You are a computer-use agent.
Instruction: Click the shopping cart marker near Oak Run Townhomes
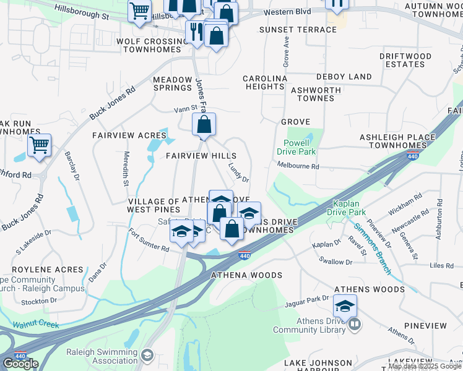pos(39,146)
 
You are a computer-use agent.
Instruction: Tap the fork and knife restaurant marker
pos(196,32)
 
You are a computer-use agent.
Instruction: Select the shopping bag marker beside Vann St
pos(204,125)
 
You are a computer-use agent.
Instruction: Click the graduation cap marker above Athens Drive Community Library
pos(345,305)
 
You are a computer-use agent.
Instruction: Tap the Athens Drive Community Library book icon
pos(354,324)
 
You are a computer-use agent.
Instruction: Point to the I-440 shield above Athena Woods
pos(244,255)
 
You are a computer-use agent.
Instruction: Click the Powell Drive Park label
pos(300,147)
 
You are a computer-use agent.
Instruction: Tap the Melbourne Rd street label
pos(298,166)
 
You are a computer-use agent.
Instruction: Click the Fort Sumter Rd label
pos(149,241)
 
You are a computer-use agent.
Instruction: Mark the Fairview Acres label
pos(121,135)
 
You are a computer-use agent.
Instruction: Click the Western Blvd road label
pos(286,12)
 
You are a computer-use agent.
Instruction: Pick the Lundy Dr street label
pos(238,173)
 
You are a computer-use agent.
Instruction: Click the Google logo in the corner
pos(20,363)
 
